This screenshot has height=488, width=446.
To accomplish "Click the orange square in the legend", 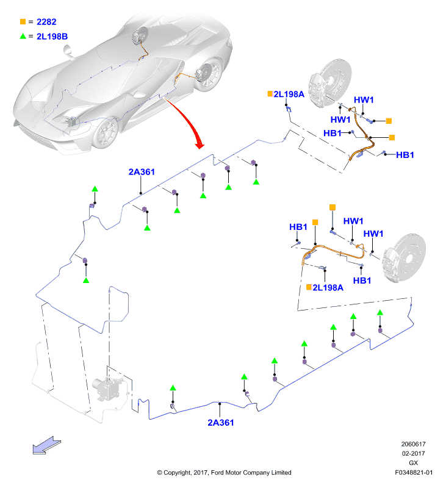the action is tap(23, 21).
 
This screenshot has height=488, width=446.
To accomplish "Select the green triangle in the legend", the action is tap(23, 36).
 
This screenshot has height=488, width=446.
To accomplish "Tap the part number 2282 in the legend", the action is tap(46, 22).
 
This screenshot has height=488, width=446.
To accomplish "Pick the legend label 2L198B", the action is tap(52, 37).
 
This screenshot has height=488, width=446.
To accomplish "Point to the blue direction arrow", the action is tap(47, 445).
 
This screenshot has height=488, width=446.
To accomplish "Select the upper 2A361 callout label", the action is tap(142, 172).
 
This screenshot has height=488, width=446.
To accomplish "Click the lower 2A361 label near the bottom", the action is tap(221, 423).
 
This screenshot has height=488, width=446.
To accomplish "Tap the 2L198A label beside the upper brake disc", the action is tap(289, 94).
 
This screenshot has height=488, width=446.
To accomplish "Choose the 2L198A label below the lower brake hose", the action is tap(328, 287).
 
